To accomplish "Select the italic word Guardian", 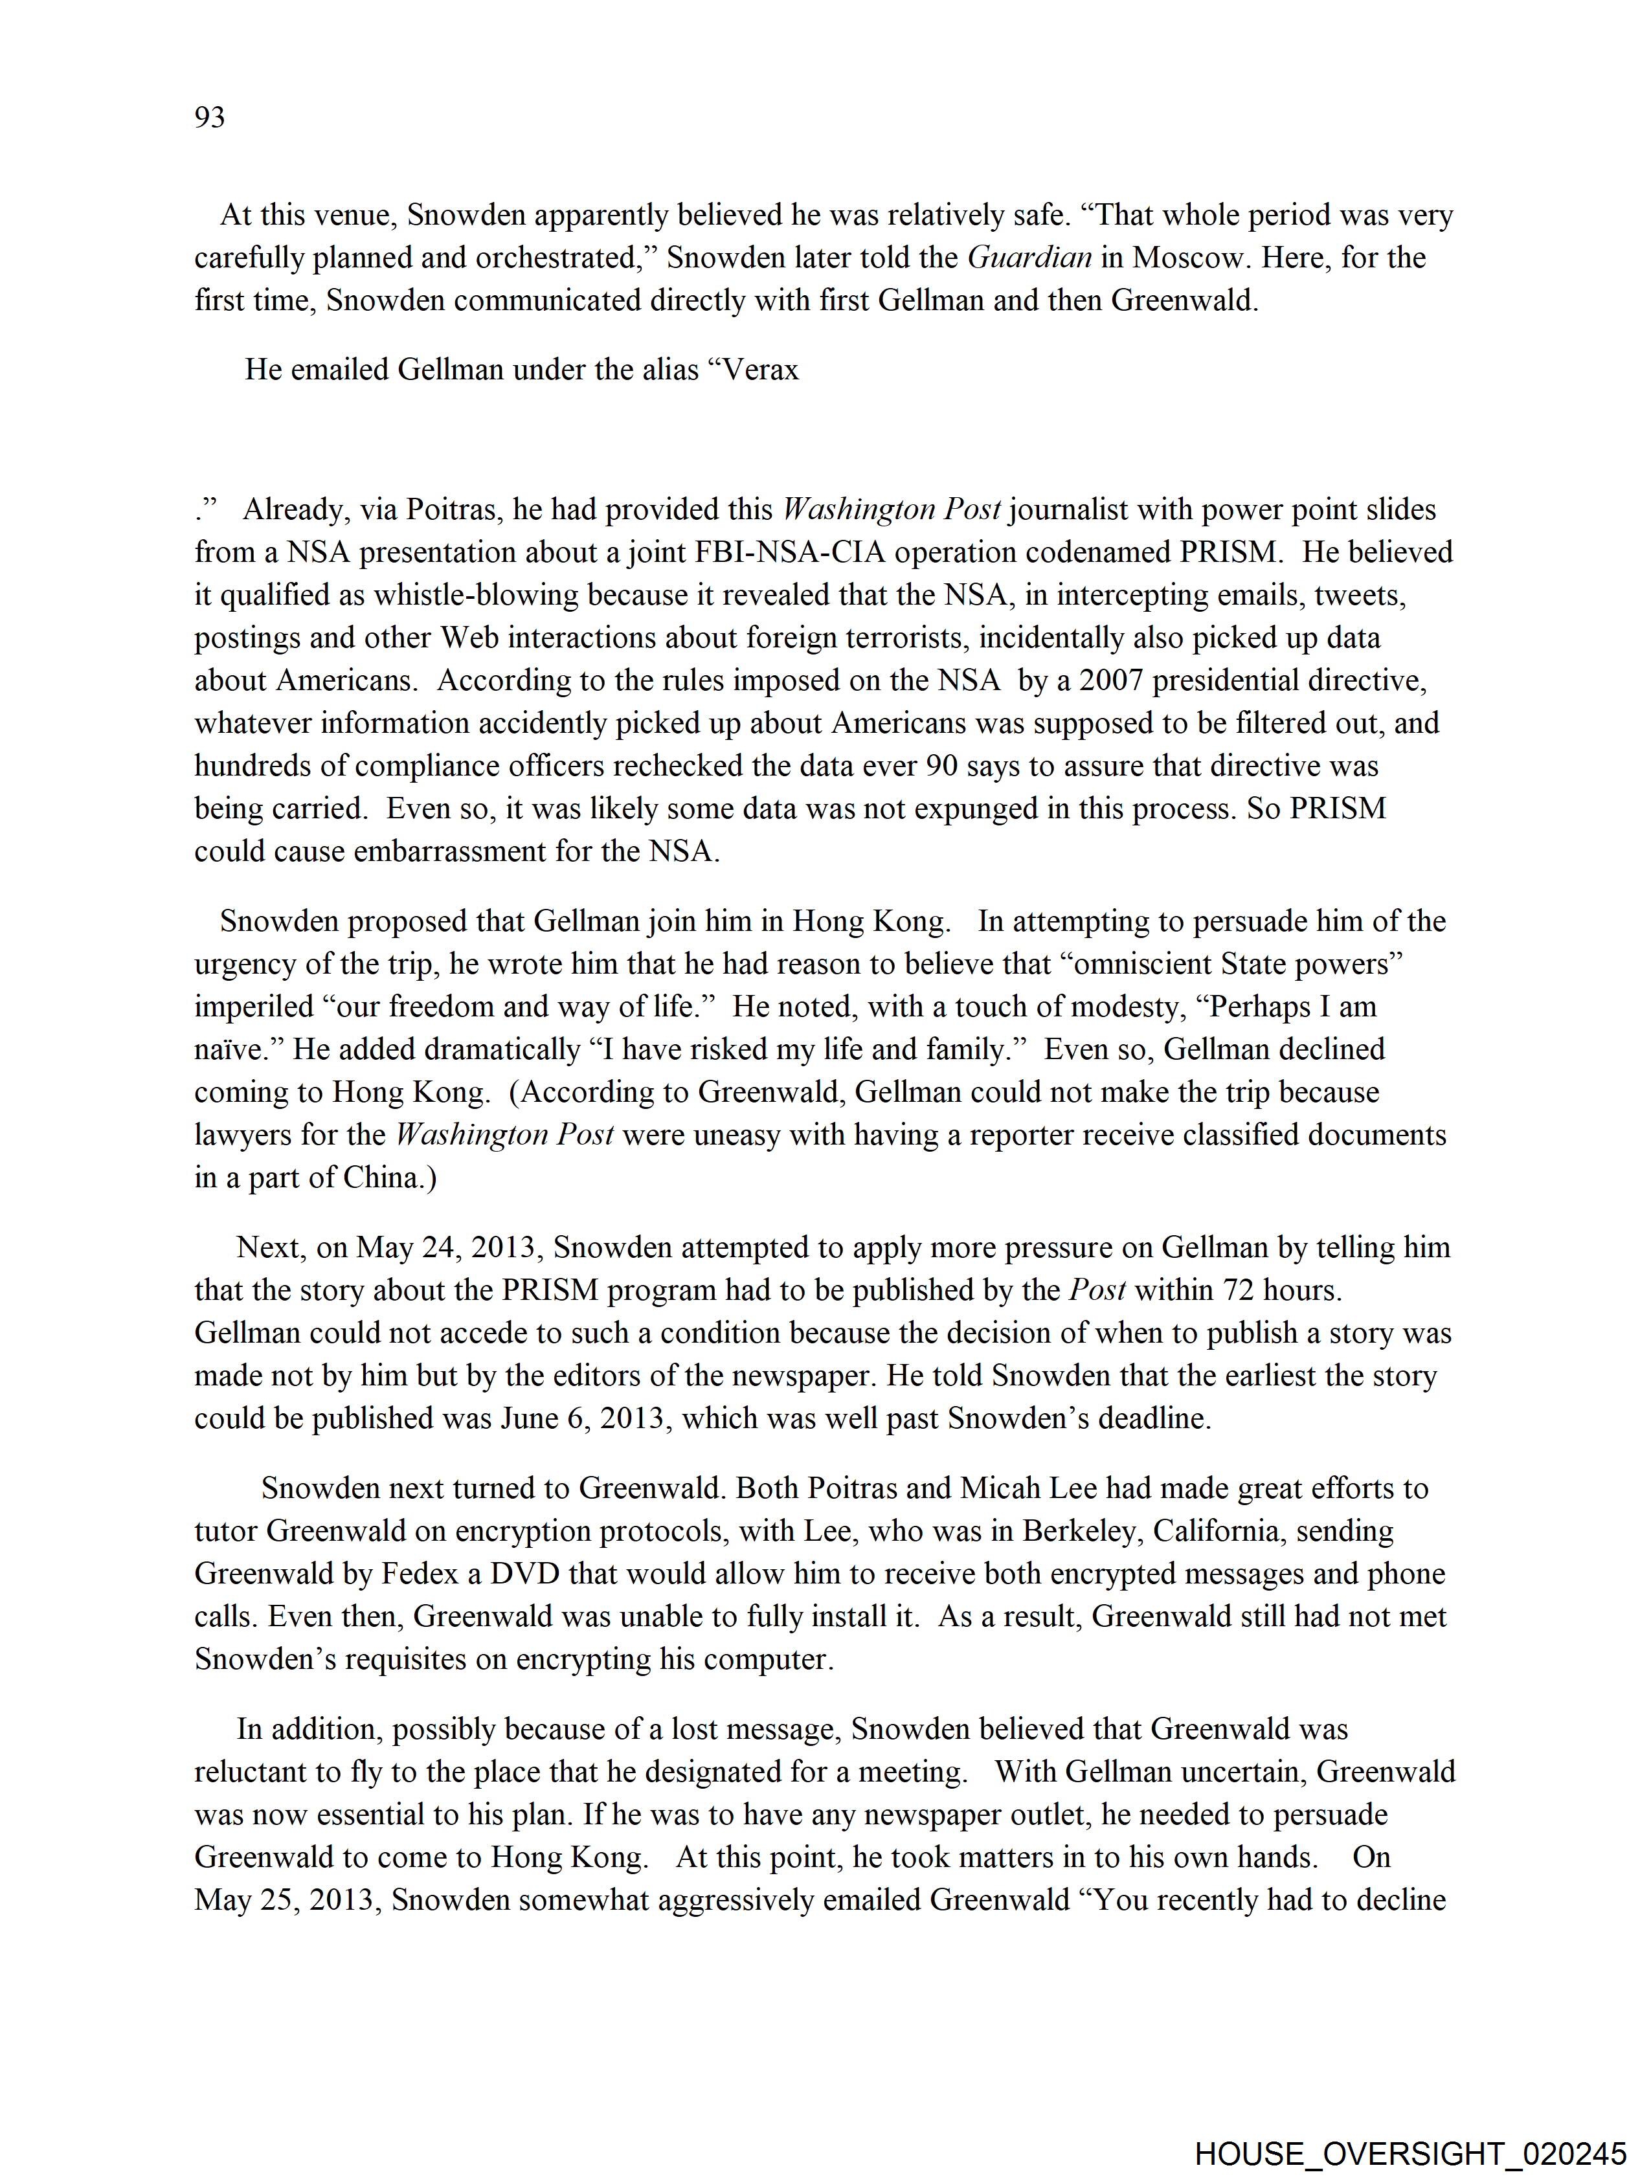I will pyautogui.click(x=1029, y=258).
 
